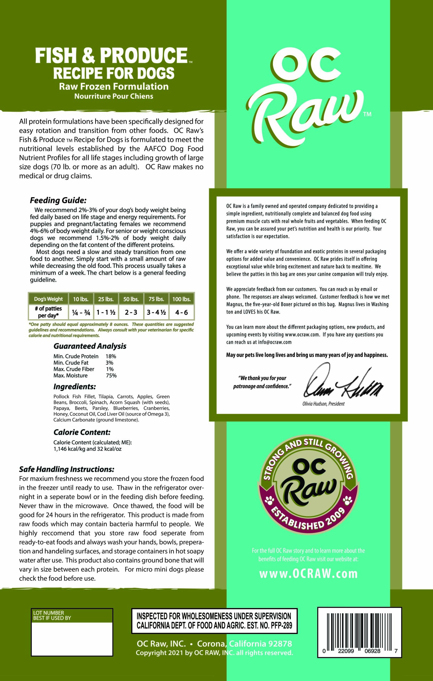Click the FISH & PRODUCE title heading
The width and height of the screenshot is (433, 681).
(111, 55)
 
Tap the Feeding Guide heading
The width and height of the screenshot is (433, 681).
(58, 200)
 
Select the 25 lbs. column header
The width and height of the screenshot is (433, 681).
(106, 299)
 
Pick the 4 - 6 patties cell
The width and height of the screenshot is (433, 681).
(181, 312)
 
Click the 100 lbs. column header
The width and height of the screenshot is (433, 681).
(181, 299)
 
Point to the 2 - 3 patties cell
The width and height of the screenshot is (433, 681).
(131, 312)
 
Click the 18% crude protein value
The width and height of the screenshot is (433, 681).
(111, 356)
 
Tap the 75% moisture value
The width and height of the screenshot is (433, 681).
(111, 376)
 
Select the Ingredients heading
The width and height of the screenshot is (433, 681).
(75, 387)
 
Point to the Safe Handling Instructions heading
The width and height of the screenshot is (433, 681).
(67, 469)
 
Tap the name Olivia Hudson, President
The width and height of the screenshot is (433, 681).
(323, 404)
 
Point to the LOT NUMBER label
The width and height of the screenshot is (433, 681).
(49, 613)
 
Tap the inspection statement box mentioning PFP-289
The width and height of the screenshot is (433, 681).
(214, 621)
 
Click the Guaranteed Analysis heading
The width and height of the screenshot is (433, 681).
(90, 346)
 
